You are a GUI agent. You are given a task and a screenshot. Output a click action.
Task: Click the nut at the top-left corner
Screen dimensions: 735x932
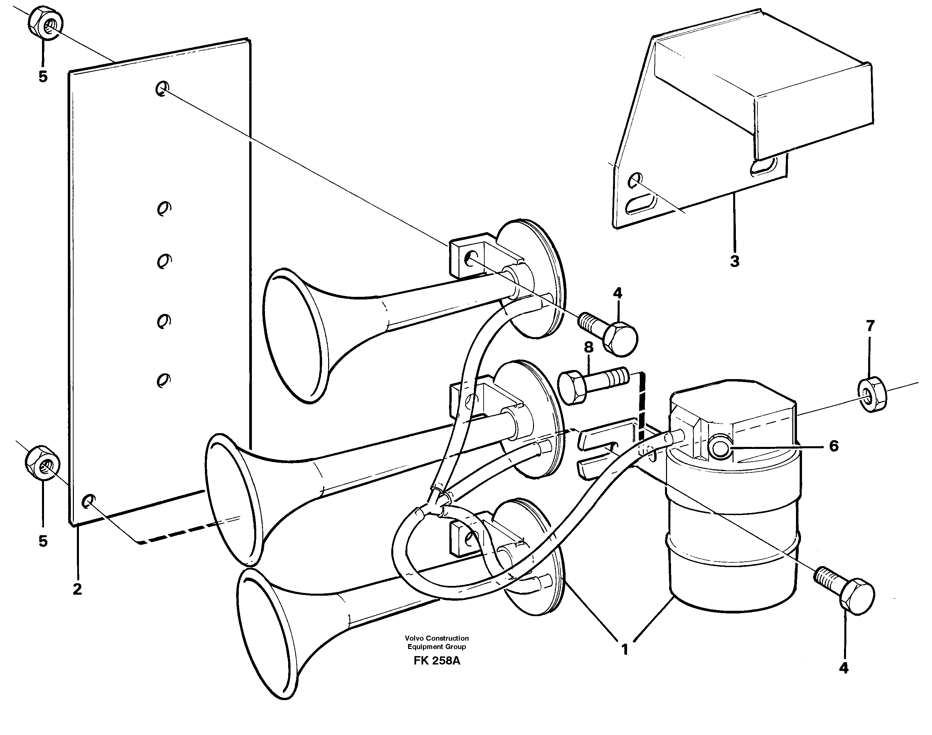[x=46, y=23]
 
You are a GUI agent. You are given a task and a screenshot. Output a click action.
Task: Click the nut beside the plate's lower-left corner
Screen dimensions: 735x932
[x=41, y=464]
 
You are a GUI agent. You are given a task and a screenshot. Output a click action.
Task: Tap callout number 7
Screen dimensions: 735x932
[x=870, y=326]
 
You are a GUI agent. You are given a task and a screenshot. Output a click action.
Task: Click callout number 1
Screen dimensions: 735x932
[x=625, y=649]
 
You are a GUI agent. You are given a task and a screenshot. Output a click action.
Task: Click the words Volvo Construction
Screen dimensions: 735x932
[x=437, y=638]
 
